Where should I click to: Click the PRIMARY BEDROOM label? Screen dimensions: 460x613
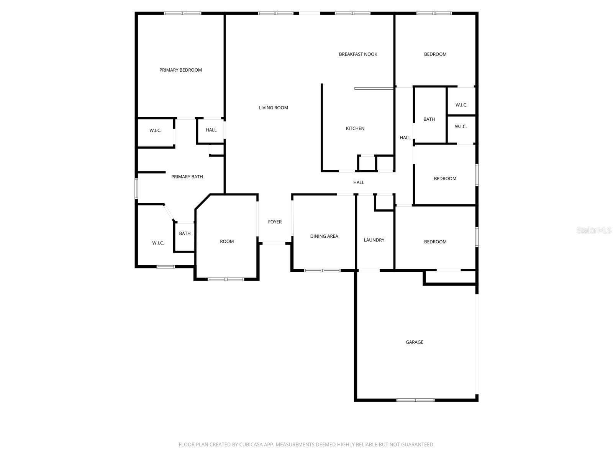point(180,70)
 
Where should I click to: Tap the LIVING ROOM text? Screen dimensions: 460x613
point(273,108)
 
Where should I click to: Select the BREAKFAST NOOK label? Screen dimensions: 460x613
point(358,54)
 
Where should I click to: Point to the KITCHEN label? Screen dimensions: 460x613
point(355,128)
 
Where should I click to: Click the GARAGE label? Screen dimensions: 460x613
point(414,342)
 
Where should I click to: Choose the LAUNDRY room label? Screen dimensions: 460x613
point(374,240)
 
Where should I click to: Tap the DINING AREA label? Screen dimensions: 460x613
point(324,236)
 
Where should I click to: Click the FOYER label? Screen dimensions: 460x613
point(275,222)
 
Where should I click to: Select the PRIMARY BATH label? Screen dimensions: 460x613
point(187,177)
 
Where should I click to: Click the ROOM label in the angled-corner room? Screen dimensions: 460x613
point(227,241)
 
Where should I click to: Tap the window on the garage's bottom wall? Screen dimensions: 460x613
point(415,400)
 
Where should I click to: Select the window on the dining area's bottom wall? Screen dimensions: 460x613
point(322,270)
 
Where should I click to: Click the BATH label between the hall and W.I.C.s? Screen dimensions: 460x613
point(429,119)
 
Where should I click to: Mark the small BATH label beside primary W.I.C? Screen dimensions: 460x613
point(185,233)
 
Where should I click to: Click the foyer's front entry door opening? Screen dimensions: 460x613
point(274,243)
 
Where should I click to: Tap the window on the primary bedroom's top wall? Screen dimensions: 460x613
point(182,13)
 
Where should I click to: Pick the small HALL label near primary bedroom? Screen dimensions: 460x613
point(211,130)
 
